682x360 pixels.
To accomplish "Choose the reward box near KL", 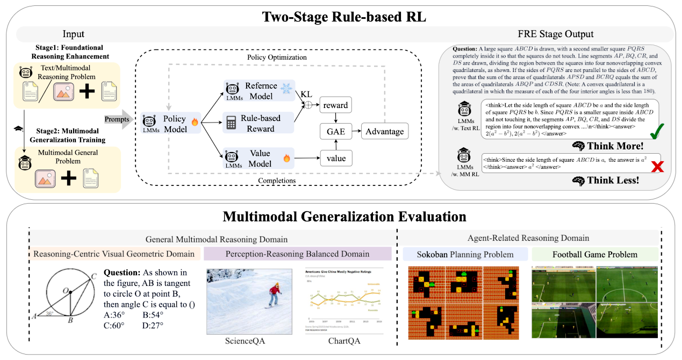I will (x=335, y=105).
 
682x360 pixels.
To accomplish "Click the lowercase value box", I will (x=335, y=159).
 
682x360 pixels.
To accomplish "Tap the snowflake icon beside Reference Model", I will (x=288, y=90).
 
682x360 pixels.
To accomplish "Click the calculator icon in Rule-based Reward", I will (x=232, y=123).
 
